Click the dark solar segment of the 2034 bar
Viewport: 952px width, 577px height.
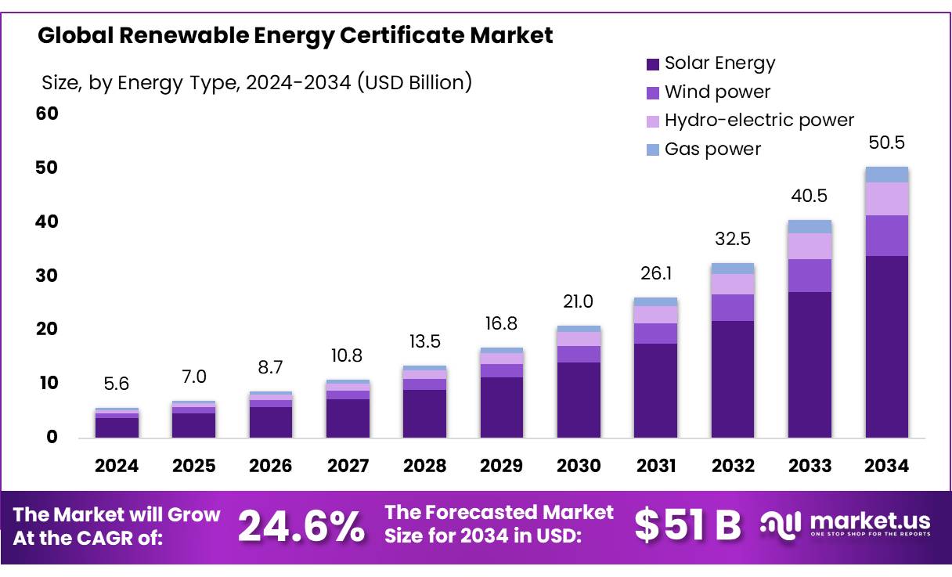click(x=886, y=346)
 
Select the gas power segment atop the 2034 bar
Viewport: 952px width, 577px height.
click(x=886, y=175)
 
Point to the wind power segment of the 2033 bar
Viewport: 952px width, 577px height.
click(x=810, y=276)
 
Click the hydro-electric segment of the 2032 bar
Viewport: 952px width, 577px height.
click(x=733, y=284)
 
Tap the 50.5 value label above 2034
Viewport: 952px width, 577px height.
click(x=886, y=143)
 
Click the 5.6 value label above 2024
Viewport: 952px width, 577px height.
click(x=117, y=384)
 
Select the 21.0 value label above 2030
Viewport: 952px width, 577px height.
click(x=579, y=301)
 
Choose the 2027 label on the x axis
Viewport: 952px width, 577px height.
click(x=348, y=466)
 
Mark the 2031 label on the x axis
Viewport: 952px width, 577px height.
click(x=655, y=466)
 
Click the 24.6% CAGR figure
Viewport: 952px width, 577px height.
click(x=301, y=526)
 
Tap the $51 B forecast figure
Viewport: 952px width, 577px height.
click(x=687, y=525)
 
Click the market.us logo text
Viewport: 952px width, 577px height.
click(x=869, y=521)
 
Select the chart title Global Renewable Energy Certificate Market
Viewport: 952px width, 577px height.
click(x=295, y=35)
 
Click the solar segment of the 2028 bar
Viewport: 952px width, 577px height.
click(x=424, y=413)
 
